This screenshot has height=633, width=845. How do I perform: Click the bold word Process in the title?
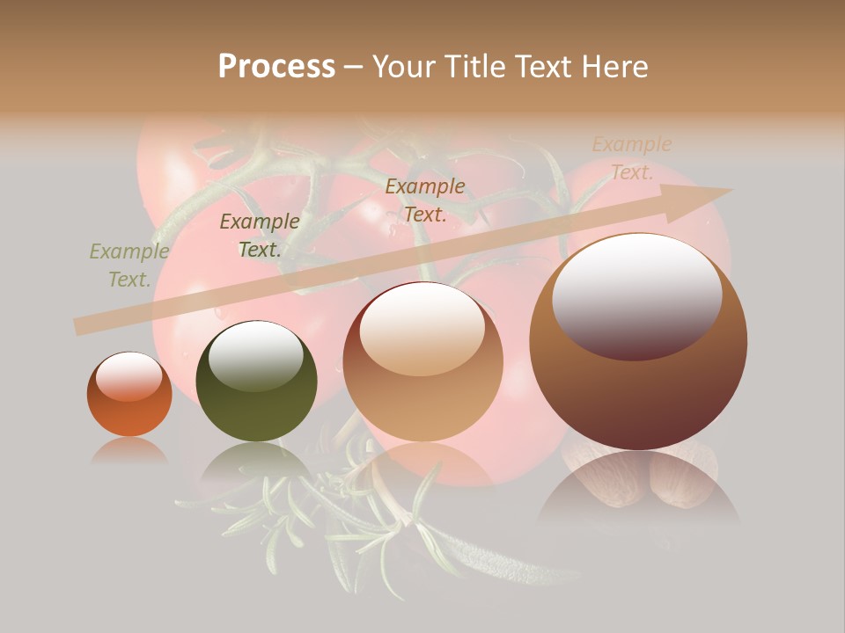[276, 67]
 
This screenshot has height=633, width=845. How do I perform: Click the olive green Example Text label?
[129, 266]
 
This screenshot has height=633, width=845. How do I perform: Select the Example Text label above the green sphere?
[260, 236]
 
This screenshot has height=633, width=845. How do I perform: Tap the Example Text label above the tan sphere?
[425, 200]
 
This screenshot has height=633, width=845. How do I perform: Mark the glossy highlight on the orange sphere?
[129, 375]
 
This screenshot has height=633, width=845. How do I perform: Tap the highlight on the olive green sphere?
[255, 354]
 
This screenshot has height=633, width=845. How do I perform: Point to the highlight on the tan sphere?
[422, 327]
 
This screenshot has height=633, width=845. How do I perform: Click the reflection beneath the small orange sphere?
[129, 450]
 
